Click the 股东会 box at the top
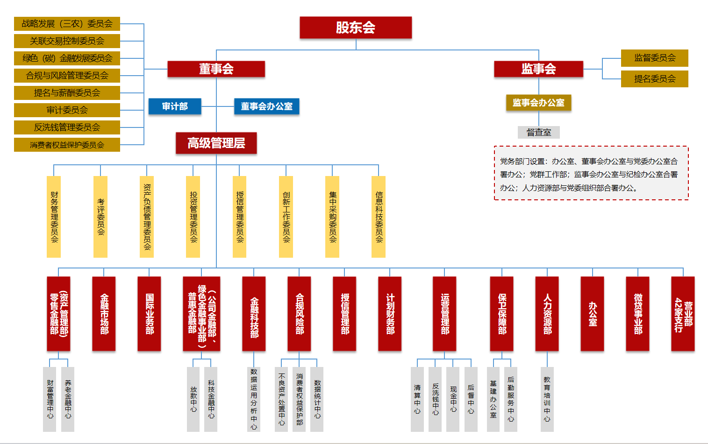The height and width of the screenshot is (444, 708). coord(356,28)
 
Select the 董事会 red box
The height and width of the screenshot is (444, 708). coord(216,69)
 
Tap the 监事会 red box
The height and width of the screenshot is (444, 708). coord(538,69)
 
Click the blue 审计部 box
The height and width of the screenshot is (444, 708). coord(175,106)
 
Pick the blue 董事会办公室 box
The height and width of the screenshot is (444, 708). coord(266,106)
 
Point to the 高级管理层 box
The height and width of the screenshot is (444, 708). coord(216,143)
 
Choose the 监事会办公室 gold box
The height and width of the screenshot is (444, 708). coord(538,103)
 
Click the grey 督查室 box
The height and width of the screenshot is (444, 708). coord(538,133)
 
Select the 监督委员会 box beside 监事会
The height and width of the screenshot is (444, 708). coord(654,58)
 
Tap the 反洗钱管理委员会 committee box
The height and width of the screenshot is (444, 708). coord(67,127)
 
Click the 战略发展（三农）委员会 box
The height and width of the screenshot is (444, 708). coord(67,24)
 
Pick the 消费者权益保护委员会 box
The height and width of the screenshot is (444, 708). coord(67,145)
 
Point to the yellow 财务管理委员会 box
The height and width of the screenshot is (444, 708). coord(54,217)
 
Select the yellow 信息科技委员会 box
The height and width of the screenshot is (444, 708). coord(379,217)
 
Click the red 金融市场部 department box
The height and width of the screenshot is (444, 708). coord(104,314)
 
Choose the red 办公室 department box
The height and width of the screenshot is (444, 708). coord(592,314)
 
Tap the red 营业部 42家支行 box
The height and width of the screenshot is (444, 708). coord(683,314)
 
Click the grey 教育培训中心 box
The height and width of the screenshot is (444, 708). coord(547,399)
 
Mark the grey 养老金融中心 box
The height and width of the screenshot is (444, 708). coord(68,399)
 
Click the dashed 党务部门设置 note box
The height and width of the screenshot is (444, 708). coord(591,173)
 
